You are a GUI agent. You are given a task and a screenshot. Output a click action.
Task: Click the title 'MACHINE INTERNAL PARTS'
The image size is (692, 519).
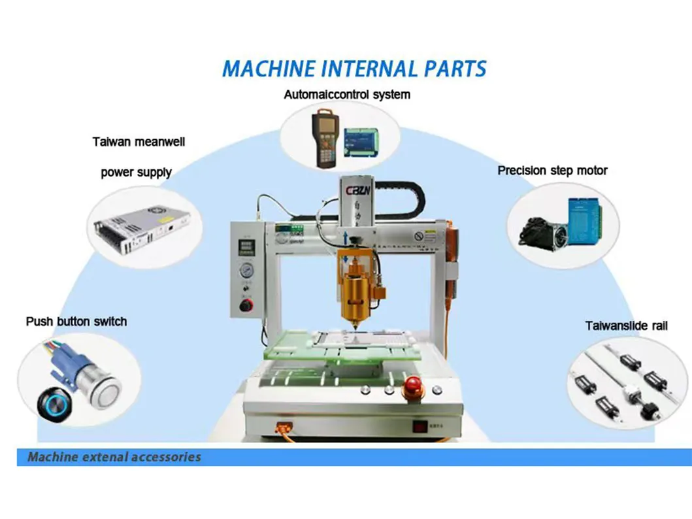[x=354, y=69]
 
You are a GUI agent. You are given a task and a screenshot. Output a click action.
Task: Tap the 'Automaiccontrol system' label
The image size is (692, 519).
[x=347, y=95]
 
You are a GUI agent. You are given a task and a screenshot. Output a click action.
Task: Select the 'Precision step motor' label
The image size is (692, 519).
[x=552, y=171]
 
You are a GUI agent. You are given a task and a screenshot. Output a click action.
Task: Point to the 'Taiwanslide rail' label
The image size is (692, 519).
[x=626, y=326]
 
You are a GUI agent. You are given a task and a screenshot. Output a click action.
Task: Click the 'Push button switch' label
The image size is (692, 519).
[x=76, y=322]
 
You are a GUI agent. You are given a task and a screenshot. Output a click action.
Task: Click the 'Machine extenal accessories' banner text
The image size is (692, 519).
[x=114, y=457]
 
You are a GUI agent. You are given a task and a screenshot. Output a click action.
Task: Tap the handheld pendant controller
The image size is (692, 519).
[x=324, y=138]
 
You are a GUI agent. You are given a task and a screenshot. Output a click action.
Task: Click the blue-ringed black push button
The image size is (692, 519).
[x=52, y=399]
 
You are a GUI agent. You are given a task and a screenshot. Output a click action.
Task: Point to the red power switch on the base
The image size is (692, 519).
[x=419, y=427]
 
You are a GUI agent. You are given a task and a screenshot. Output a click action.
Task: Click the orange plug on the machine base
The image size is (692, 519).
[x=285, y=429]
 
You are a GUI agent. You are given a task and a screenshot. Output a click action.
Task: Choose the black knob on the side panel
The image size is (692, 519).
[x=246, y=305]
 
